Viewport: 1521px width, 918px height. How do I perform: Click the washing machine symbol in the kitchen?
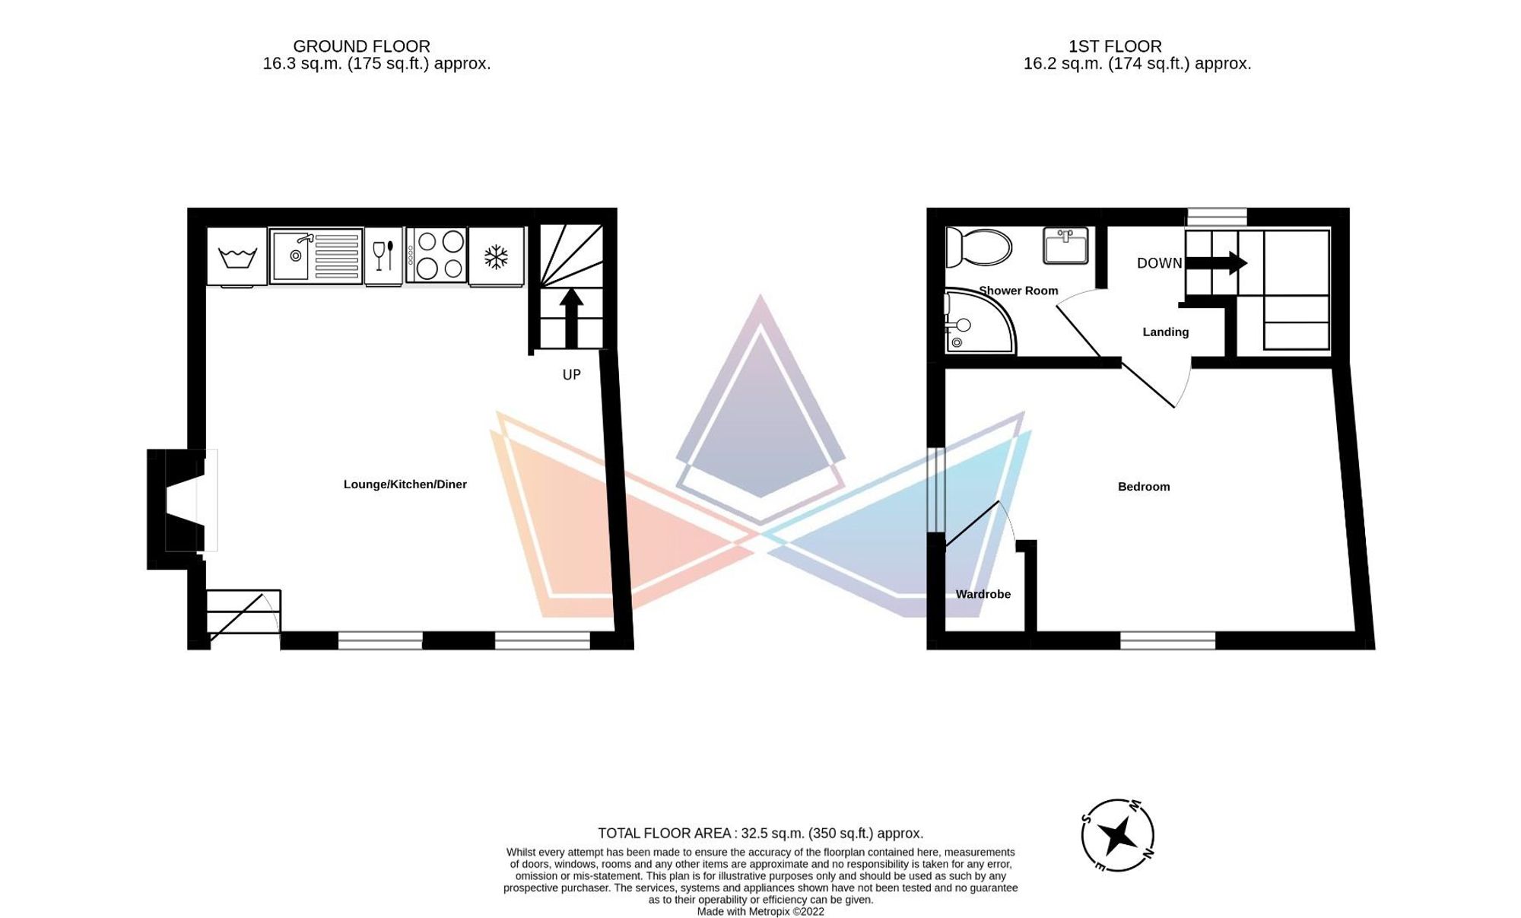pyautogui.click(x=237, y=257)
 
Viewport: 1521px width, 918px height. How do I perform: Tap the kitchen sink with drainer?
pyautogui.click(x=316, y=256)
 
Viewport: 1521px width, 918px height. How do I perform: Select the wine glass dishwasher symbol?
pyautogui.click(x=383, y=256)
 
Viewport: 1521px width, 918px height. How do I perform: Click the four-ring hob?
pyautogui.click(x=436, y=256)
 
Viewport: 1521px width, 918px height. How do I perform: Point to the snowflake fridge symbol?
pyautogui.click(x=497, y=256)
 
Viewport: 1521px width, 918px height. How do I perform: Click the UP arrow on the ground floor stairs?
pyautogui.click(x=571, y=317)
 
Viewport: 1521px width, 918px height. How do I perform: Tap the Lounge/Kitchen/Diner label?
pyautogui.click(x=405, y=484)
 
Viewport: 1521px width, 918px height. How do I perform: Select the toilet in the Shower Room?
pyautogui.click(x=978, y=247)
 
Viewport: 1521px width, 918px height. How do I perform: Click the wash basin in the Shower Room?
pyautogui.click(x=1065, y=245)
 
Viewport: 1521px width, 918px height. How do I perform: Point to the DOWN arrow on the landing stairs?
pyautogui.click(x=1216, y=263)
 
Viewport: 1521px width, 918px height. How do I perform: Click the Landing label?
pyautogui.click(x=1165, y=332)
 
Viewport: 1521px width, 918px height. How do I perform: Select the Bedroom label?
pyautogui.click(x=1143, y=487)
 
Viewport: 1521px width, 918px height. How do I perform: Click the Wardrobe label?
pyautogui.click(x=983, y=594)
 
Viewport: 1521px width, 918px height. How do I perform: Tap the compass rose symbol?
pyautogui.click(x=1117, y=835)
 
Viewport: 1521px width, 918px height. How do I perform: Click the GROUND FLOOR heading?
pyautogui.click(x=361, y=46)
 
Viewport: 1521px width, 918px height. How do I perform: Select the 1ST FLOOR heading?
pyautogui.click(x=1115, y=46)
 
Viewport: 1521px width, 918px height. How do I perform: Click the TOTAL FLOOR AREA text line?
pyautogui.click(x=760, y=833)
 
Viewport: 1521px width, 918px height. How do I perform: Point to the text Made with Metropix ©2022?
pyautogui.click(x=760, y=911)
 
